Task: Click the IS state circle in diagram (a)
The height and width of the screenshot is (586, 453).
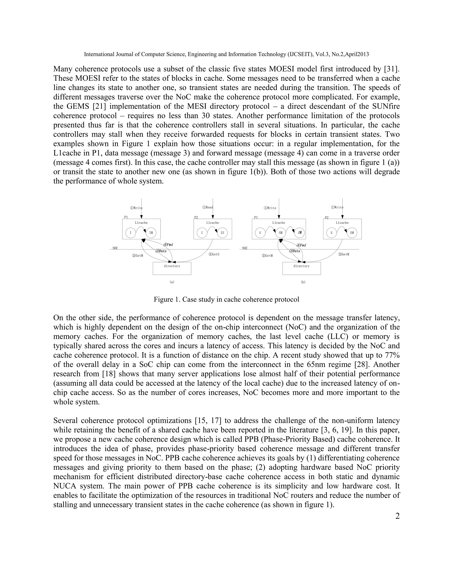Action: [222, 233]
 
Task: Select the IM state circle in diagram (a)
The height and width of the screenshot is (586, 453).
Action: [151, 233]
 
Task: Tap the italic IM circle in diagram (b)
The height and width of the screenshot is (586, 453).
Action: [299, 233]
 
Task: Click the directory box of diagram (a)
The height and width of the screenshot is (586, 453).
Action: [172, 268]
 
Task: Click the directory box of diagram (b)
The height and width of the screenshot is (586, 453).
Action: [301, 268]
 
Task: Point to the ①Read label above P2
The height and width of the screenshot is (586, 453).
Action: [207, 207]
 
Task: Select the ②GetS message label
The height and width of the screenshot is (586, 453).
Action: [214, 254]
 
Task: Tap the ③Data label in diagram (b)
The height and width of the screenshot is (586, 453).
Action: [294, 251]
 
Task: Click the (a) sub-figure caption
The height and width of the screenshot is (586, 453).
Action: [172, 282]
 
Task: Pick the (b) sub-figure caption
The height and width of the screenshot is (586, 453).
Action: [303, 282]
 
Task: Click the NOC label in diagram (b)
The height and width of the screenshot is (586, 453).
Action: [245, 248]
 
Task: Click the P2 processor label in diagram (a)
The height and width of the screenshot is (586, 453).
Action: [196, 217]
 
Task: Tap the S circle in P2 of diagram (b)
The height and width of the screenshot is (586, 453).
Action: [331, 233]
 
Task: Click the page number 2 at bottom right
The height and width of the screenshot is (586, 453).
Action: [397, 516]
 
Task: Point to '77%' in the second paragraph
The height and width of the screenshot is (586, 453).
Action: [392, 355]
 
